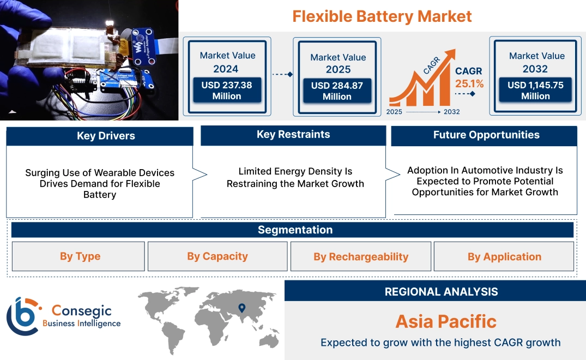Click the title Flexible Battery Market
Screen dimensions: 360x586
(382, 16)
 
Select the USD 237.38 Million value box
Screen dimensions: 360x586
(226, 91)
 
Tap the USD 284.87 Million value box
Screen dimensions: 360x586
(337, 91)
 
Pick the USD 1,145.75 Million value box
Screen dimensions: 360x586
(535, 91)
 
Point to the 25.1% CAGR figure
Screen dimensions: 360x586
(469, 83)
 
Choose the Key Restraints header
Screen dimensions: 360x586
(293, 135)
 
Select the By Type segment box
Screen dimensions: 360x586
(80, 256)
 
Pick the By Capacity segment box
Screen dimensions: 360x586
(218, 256)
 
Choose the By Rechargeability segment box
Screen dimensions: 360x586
(361, 257)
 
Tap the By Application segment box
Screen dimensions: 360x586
(504, 257)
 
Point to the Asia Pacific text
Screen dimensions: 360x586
(446, 321)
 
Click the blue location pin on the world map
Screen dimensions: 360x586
(242, 309)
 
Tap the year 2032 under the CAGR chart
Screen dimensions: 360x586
(451, 112)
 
